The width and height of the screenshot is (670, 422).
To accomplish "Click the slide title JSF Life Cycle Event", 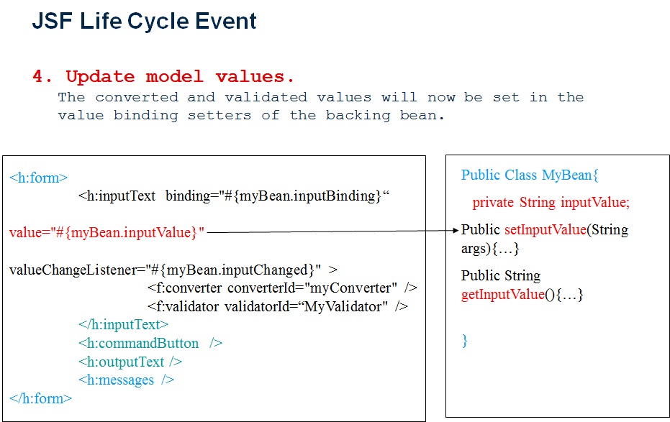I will [144, 22].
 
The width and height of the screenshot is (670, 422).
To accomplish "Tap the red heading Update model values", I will [180, 77].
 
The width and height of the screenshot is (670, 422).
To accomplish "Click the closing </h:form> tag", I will [41, 398].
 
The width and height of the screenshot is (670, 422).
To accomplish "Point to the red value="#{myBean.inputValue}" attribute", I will [107, 232].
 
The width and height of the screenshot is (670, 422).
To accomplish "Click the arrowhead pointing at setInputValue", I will [455, 231].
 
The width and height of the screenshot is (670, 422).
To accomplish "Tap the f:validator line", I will [277, 307].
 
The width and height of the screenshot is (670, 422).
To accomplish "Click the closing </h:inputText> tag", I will [123, 325].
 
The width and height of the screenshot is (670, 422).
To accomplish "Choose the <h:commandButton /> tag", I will [150, 343].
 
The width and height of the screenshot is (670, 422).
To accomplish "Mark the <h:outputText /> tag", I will [130, 362].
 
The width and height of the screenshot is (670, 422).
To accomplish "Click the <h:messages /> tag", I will [127, 380].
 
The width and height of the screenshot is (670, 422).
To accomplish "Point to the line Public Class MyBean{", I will [530, 175].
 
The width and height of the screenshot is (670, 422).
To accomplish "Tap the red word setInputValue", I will [545, 230].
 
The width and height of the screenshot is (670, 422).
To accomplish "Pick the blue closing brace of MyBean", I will [465, 341].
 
